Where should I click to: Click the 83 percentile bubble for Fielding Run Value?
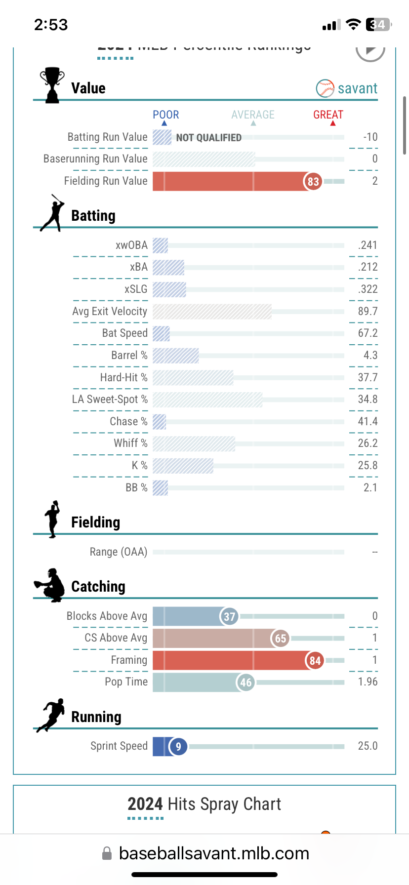point(313,181)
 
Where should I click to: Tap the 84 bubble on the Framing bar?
point(315,660)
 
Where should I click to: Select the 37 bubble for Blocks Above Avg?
point(229,616)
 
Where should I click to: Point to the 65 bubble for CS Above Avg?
point(280,638)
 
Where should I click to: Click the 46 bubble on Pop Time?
point(246,683)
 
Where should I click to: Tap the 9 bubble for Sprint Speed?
point(178,746)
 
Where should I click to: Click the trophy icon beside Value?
point(52,85)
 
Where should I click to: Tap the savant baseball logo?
point(325,88)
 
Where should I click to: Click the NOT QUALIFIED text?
point(209,138)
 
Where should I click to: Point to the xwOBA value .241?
point(368,245)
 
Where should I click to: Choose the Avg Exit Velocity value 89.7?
point(368,311)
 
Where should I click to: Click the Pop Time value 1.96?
point(368,682)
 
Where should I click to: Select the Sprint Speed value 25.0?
point(368,746)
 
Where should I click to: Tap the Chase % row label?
point(128,421)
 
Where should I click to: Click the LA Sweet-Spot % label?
point(110,399)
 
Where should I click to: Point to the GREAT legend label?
point(328,115)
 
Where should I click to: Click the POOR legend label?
point(166,115)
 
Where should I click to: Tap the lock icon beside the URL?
point(107,853)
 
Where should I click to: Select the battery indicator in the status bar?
point(378,25)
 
